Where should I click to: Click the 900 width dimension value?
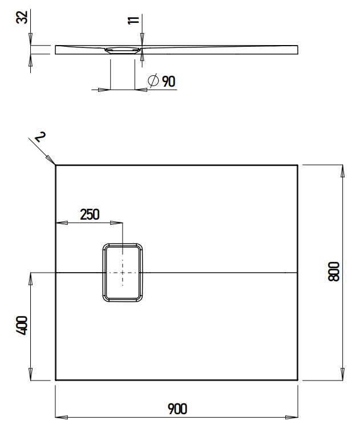tap(177, 408)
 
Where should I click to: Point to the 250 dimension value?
tap(90, 214)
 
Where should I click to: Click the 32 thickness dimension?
tap(22, 18)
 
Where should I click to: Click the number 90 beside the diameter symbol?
tap(168, 82)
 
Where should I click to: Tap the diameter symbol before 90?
tap(153, 82)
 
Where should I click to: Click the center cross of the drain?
tap(123, 273)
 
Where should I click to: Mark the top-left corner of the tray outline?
tap(56, 165)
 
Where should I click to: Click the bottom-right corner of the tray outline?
tap(297, 379)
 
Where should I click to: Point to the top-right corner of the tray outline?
tap(297, 165)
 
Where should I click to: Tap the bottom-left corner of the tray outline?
tap(56, 379)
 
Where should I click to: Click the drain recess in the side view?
tap(123, 50)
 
